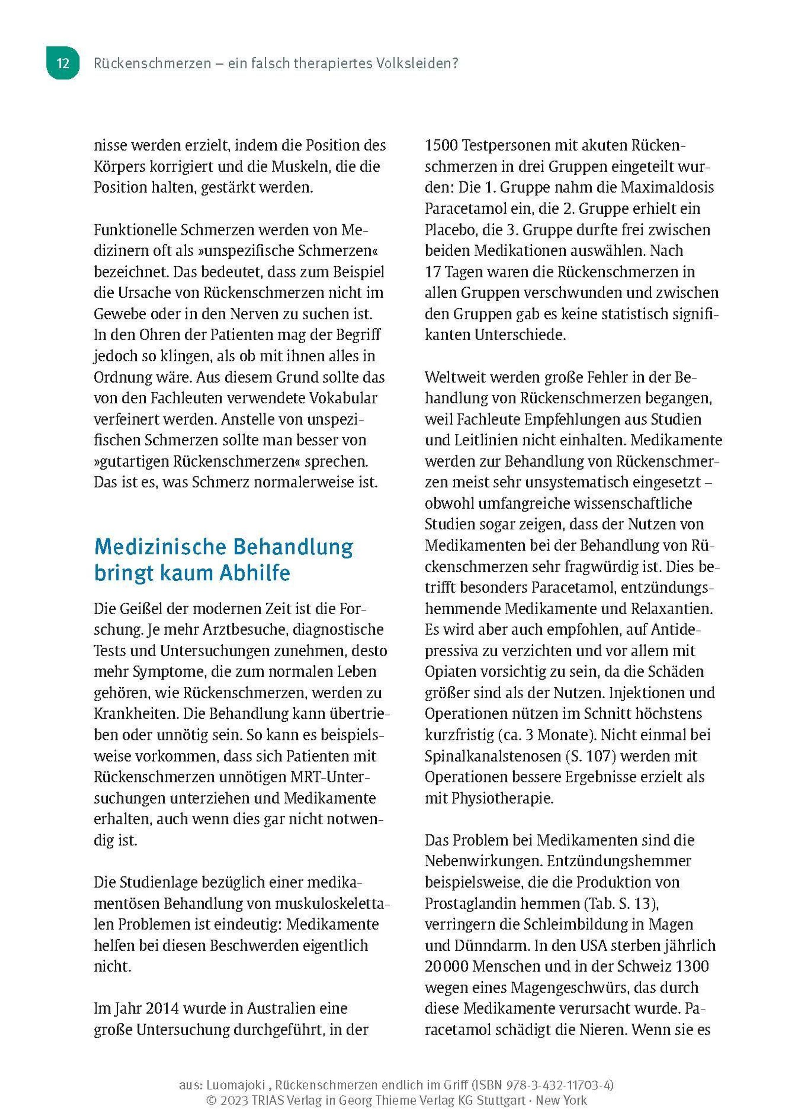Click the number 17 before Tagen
pos(433,272)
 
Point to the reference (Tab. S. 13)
pos(621,903)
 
